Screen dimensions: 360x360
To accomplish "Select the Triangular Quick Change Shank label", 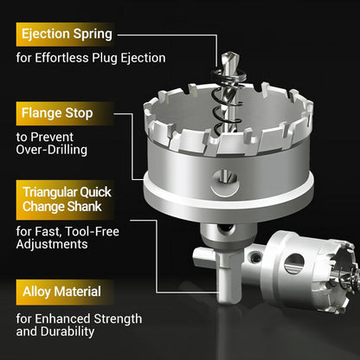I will coord(67,199).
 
